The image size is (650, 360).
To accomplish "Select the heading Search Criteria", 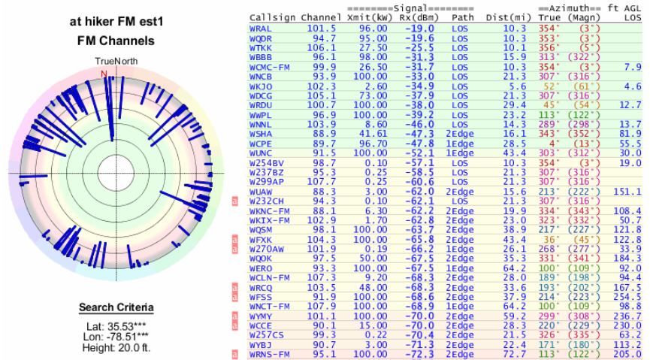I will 115,308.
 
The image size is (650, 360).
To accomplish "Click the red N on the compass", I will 104,73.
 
